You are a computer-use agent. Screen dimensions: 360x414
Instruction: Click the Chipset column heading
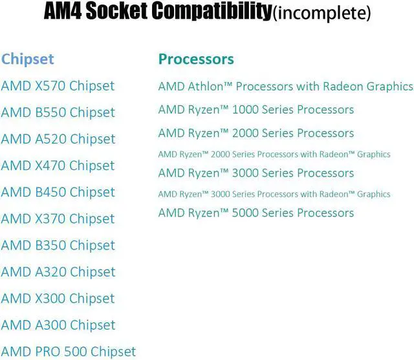click(x=27, y=59)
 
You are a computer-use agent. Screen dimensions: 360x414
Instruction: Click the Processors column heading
click(x=195, y=59)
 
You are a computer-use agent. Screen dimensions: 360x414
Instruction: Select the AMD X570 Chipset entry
click(x=58, y=86)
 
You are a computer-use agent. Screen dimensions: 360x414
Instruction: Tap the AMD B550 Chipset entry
click(x=58, y=112)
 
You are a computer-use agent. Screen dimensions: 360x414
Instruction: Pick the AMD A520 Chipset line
click(x=58, y=139)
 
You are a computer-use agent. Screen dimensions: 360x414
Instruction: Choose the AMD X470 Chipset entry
click(x=58, y=165)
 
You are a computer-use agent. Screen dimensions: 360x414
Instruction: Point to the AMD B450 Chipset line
click(x=58, y=192)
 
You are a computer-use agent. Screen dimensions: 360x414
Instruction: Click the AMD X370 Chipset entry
click(x=58, y=218)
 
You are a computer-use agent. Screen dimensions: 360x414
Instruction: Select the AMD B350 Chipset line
click(x=58, y=245)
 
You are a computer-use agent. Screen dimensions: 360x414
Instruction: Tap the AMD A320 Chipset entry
click(x=58, y=271)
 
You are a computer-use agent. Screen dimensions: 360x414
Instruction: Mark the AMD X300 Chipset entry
click(x=58, y=298)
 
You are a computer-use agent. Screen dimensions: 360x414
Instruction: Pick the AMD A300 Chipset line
click(x=58, y=324)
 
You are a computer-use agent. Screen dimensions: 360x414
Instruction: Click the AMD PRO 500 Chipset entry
click(x=68, y=352)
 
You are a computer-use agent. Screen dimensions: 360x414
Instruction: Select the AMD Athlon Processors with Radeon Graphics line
click(x=285, y=86)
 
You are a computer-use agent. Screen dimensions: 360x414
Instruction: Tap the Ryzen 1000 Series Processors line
click(x=256, y=110)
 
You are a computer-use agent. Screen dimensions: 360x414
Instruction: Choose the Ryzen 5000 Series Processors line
click(x=256, y=213)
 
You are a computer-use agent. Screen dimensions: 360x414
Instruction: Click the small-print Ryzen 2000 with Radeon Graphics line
click(x=274, y=154)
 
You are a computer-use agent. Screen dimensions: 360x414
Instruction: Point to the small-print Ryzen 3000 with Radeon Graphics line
click(x=274, y=194)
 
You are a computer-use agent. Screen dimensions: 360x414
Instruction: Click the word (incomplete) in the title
click(x=321, y=14)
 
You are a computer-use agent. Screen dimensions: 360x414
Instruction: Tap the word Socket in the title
click(x=127, y=12)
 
